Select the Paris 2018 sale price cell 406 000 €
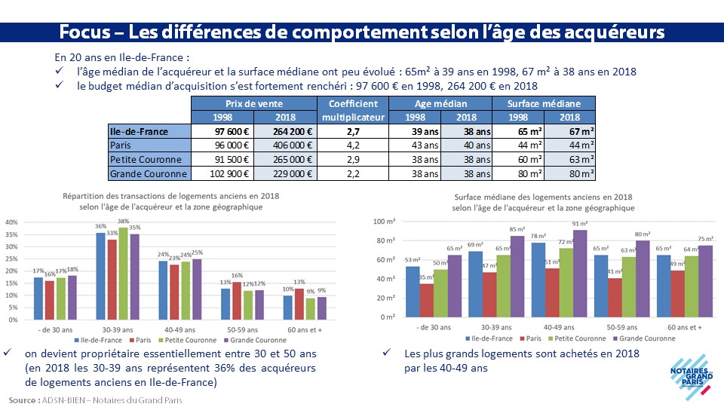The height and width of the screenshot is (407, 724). pyautogui.click(x=286, y=145)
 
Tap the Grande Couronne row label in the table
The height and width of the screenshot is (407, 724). pyautogui.click(x=148, y=174)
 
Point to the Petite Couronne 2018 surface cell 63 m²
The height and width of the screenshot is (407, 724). pyautogui.click(x=570, y=160)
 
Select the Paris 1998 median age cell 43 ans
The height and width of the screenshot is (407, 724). pyautogui.click(x=413, y=145)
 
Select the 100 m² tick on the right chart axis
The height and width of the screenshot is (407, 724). pyautogui.click(x=385, y=222)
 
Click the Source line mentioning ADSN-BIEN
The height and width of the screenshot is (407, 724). pyautogui.click(x=96, y=399)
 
